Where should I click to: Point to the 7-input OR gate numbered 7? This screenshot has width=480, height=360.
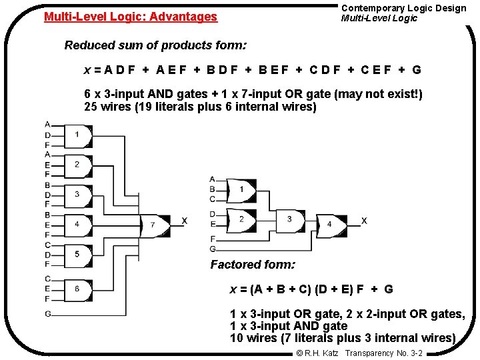[x=155, y=225]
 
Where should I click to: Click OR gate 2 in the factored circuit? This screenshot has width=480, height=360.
[x=241, y=219]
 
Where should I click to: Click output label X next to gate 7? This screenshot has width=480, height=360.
[x=184, y=221]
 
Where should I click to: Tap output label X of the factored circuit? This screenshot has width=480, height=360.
[x=364, y=221]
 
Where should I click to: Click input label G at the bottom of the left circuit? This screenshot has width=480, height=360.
[x=48, y=313]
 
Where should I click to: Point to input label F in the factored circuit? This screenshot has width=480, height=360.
[x=213, y=239]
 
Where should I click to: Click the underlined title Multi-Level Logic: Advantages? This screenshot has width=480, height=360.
[x=131, y=17]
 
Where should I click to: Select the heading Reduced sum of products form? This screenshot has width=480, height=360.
[x=155, y=45]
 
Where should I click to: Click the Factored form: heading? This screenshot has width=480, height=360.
[x=253, y=265]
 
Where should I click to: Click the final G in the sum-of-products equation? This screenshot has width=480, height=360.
[x=417, y=70]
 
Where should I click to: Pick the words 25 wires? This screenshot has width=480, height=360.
[x=103, y=107]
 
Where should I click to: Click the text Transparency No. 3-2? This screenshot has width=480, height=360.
[x=383, y=353]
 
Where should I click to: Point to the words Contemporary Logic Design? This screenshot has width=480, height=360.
[x=403, y=8]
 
